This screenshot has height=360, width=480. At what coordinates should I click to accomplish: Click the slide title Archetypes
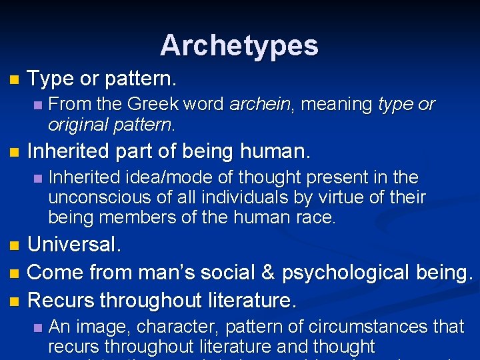tap(239, 45)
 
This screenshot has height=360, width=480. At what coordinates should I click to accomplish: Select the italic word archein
tap(259, 105)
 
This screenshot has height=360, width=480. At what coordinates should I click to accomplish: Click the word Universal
tap(75, 244)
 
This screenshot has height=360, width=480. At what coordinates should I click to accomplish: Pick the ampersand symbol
tap(266, 273)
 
